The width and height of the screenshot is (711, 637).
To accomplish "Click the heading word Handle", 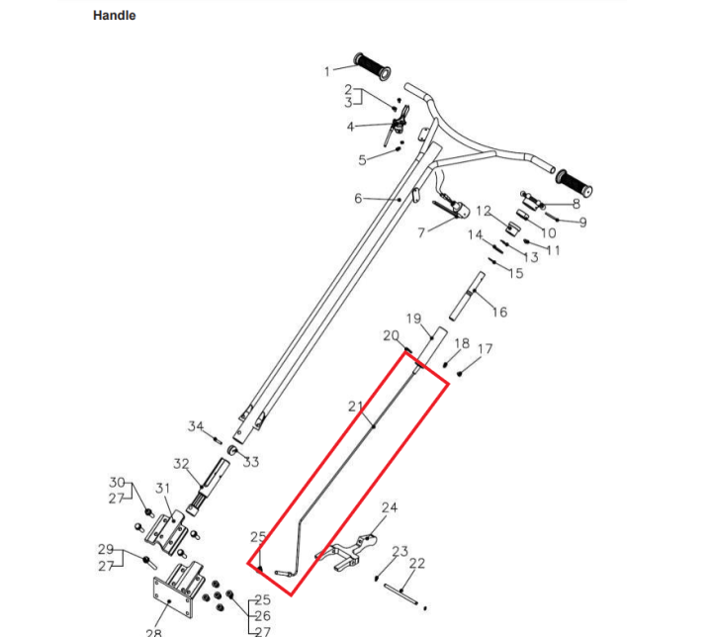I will [x=114, y=16].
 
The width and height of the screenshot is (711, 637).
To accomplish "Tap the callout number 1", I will [x=327, y=70].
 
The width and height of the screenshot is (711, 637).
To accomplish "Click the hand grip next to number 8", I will [x=575, y=182].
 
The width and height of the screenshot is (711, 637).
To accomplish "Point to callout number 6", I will [x=358, y=199].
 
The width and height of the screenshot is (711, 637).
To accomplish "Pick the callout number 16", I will [x=499, y=313].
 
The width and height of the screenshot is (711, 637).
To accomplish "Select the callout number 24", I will [x=389, y=507].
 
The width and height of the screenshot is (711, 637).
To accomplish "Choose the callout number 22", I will [x=417, y=564].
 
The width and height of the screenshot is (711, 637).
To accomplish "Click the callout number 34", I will [x=196, y=426].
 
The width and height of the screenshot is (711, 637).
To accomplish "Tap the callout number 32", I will [x=181, y=464].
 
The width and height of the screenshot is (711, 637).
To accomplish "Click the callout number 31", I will [x=164, y=488].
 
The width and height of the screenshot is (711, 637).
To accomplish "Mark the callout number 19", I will [x=413, y=319].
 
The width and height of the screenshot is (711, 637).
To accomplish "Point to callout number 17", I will [x=485, y=349].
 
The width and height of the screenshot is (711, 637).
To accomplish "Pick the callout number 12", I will [x=484, y=212].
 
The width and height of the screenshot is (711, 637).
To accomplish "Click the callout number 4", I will [x=350, y=127].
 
